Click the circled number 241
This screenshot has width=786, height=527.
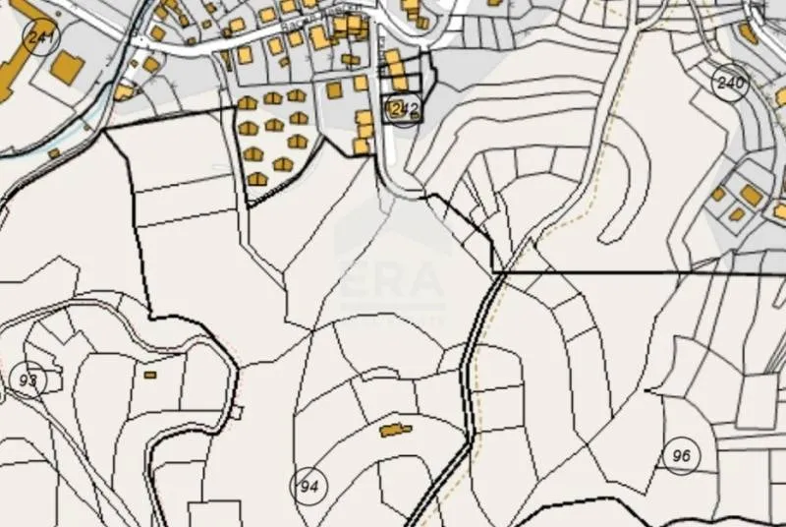click(x=41, y=38)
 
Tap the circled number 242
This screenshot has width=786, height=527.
click(x=400, y=109)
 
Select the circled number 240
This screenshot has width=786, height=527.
click(x=731, y=82)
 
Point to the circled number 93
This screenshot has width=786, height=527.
click(x=28, y=380)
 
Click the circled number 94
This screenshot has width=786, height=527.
click(x=309, y=486)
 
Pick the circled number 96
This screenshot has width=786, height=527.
click(x=681, y=455)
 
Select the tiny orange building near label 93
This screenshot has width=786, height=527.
click(x=150, y=375)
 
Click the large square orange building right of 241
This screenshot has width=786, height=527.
click(x=67, y=68)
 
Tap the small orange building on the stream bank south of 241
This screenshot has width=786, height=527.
click(x=54, y=152)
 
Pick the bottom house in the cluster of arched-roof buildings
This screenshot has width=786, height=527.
click(x=257, y=179)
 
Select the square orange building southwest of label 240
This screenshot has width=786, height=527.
click(x=751, y=196)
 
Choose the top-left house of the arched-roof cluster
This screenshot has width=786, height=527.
click(x=248, y=103)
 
